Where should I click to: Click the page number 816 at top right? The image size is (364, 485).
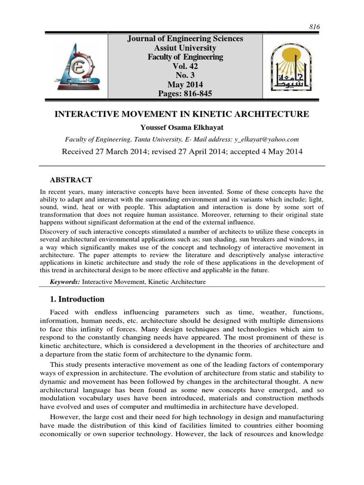tap(315, 27)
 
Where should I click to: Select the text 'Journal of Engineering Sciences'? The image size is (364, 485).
tap(185, 39)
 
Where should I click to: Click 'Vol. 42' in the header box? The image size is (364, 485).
tap(185, 66)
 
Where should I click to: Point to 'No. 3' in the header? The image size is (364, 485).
tap(185, 75)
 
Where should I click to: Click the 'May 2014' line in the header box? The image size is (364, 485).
tap(185, 85)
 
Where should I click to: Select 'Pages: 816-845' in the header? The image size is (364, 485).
tap(185, 94)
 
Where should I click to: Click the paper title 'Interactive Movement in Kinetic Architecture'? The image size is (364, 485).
tap(182, 114)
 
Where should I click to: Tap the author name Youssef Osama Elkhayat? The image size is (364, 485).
tap(182, 127)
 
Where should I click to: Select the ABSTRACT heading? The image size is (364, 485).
tap(71, 180)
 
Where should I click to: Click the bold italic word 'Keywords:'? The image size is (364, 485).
tap(65, 282)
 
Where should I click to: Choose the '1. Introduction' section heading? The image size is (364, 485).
tap(77, 299)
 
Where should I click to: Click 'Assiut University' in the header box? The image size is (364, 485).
tap(185, 48)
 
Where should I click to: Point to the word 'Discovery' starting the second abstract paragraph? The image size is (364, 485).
tap(54, 231)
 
